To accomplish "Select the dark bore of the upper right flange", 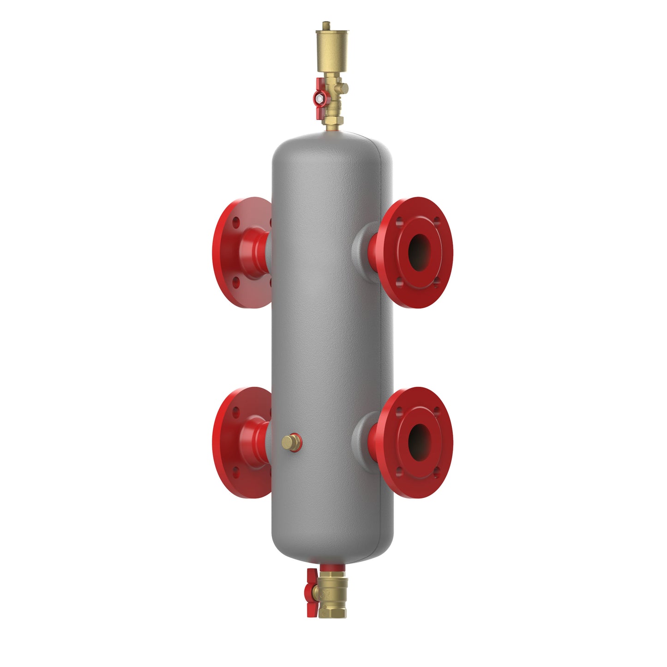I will [419, 252].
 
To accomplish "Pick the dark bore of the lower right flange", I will [419, 441].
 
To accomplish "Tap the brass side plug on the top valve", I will [343, 87].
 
